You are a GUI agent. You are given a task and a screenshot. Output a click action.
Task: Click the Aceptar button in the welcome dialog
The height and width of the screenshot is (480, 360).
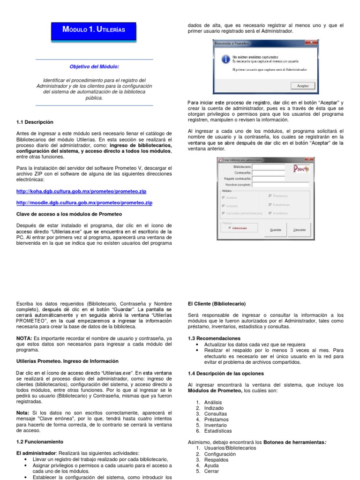pyautogui.click(x=303, y=86)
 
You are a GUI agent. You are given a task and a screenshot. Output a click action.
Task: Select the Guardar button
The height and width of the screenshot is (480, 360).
pyautogui.click(x=276, y=230)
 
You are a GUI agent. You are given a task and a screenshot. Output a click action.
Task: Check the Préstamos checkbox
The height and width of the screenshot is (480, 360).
pyautogui.click(x=270, y=196)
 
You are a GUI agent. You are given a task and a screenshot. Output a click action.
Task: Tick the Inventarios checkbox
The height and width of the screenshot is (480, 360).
pyautogui.click(x=270, y=213)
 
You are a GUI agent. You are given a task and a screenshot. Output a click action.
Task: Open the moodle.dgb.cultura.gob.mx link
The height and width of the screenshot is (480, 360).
pyautogui.click(x=84, y=202)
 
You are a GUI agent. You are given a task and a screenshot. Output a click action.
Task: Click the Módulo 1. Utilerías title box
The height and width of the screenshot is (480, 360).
pyautogui.click(x=94, y=30)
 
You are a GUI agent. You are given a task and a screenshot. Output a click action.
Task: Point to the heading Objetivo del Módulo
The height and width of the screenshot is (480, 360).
pyautogui.click(x=94, y=67)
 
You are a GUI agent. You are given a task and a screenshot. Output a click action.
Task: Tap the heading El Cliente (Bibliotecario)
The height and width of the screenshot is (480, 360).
pyautogui.click(x=217, y=304)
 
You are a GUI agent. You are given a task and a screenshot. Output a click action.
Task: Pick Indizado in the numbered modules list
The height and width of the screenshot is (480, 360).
pyautogui.click(x=214, y=408)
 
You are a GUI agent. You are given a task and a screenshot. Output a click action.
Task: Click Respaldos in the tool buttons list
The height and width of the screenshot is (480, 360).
pyautogui.click(x=216, y=460)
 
